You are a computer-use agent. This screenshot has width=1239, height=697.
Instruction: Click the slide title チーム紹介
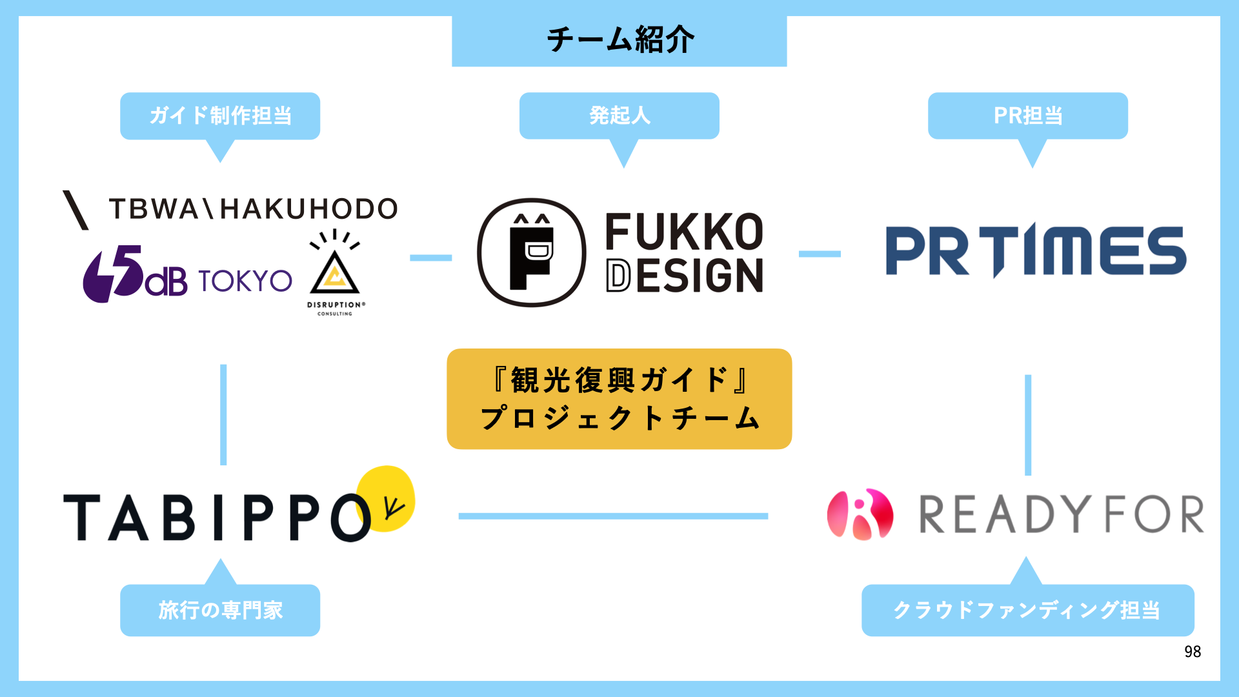pos(619,40)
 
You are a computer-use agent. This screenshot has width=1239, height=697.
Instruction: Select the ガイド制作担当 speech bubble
pos(220,116)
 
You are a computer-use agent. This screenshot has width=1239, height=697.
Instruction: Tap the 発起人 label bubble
pos(619,116)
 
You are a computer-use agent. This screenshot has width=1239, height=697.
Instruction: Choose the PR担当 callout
pos(1028,116)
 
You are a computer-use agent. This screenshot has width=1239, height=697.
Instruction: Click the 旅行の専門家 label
pos(220,610)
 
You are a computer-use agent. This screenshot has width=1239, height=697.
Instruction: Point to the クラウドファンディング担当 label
pos(1027,610)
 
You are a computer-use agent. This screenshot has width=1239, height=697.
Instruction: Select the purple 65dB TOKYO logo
pos(187,276)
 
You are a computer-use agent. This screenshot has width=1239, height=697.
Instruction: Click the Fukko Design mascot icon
pos(532,252)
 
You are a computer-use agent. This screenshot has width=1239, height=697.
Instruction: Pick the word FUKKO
pos(684,232)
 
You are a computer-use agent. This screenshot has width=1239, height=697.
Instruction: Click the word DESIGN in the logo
pos(684,276)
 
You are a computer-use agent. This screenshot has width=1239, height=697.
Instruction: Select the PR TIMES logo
pos(1036,251)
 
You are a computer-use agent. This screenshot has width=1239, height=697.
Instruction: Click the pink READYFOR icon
pos(860,514)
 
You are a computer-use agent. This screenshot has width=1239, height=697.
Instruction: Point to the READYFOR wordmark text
pos(1062,514)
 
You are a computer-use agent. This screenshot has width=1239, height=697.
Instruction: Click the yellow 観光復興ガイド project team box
pos(619,399)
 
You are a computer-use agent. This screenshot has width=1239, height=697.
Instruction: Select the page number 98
pos(1193,652)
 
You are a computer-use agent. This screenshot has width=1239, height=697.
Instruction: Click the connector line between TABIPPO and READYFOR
pos(613,516)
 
